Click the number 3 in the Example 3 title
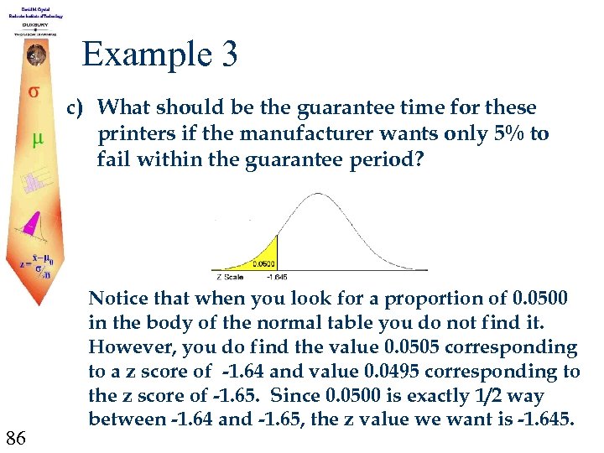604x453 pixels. [x=227, y=55]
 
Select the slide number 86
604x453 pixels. [x=17, y=436]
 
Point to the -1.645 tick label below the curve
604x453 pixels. [x=276, y=276]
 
